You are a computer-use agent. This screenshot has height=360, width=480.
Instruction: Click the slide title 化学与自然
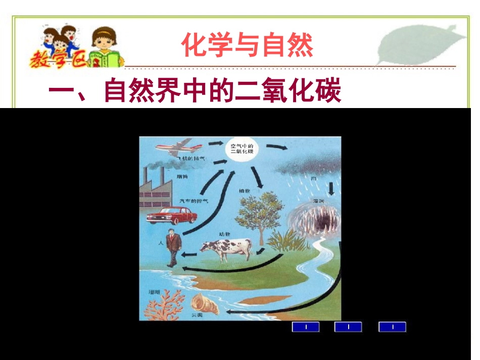click(247, 45)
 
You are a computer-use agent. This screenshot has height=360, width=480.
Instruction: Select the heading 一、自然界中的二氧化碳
click(195, 92)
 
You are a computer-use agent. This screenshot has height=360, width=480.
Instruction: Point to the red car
click(171, 215)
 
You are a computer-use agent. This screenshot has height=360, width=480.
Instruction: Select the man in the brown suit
click(173, 247)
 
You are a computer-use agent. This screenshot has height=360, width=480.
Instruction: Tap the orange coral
click(165, 306)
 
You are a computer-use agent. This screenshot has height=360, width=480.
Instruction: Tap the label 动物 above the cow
click(224, 234)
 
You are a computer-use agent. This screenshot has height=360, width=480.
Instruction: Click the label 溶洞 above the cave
click(318, 201)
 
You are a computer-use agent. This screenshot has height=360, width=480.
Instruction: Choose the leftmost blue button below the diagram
click(306, 327)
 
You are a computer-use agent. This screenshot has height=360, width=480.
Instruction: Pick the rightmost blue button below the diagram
click(392, 327)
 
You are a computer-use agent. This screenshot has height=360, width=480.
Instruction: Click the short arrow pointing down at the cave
click(331, 188)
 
